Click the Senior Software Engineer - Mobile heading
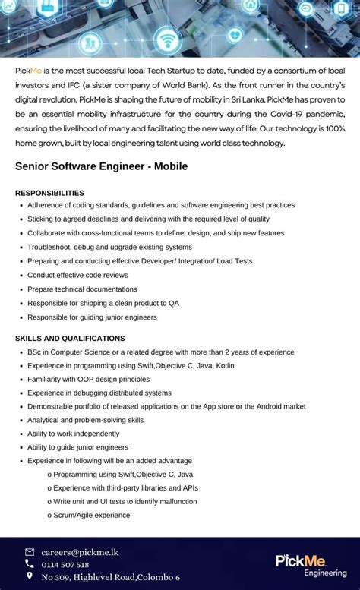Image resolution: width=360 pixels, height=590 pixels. coord(101,166)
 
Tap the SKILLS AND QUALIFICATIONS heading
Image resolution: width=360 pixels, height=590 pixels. coord(70,338)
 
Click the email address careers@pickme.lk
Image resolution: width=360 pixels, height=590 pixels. coord(80,552)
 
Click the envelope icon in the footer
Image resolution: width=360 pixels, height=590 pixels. coord(30,552)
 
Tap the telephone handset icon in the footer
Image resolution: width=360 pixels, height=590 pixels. coord(30,564)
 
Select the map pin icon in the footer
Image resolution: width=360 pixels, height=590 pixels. coord(30,576)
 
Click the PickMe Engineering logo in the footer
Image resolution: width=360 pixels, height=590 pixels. coord(311,564)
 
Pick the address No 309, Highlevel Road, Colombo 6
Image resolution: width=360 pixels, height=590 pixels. coord(110,577)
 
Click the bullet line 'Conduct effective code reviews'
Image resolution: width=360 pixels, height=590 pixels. coord(77,275)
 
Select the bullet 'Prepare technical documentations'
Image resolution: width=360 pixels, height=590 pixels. coord(82,289)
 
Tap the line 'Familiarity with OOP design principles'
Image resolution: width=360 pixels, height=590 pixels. coord(88,379)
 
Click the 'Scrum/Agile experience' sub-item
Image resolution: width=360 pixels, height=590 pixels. coord(91,515)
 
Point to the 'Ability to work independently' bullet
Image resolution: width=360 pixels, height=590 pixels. coord(73,434)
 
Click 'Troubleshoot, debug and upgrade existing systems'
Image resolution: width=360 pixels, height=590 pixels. coord(109,247)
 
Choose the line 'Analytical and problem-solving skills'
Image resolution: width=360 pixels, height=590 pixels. coord(85,420)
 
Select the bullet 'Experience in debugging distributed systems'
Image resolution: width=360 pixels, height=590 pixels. coord(99,393)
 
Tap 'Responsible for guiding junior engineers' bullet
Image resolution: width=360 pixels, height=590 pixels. coord(92,317)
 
